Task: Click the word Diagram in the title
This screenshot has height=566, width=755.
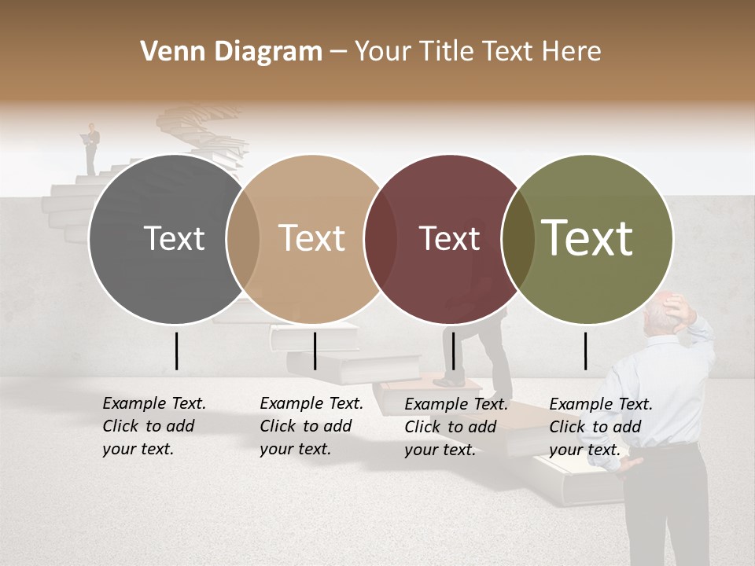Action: [267, 52]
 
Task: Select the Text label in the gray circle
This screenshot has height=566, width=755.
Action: [174, 238]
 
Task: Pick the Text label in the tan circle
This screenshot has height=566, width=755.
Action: [312, 238]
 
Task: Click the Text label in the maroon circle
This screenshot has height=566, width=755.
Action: [449, 238]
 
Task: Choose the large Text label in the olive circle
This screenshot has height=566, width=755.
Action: [587, 238]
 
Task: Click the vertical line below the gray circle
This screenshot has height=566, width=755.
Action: [176, 351]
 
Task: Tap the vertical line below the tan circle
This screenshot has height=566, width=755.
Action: [315, 351]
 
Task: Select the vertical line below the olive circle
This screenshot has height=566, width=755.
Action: [586, 351]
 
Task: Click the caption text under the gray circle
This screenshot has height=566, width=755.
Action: [153, 426]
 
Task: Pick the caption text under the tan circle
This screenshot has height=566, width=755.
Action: [311, 426]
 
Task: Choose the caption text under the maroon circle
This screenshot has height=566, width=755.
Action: [455, 427]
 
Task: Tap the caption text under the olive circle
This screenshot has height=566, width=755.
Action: [600, 427]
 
